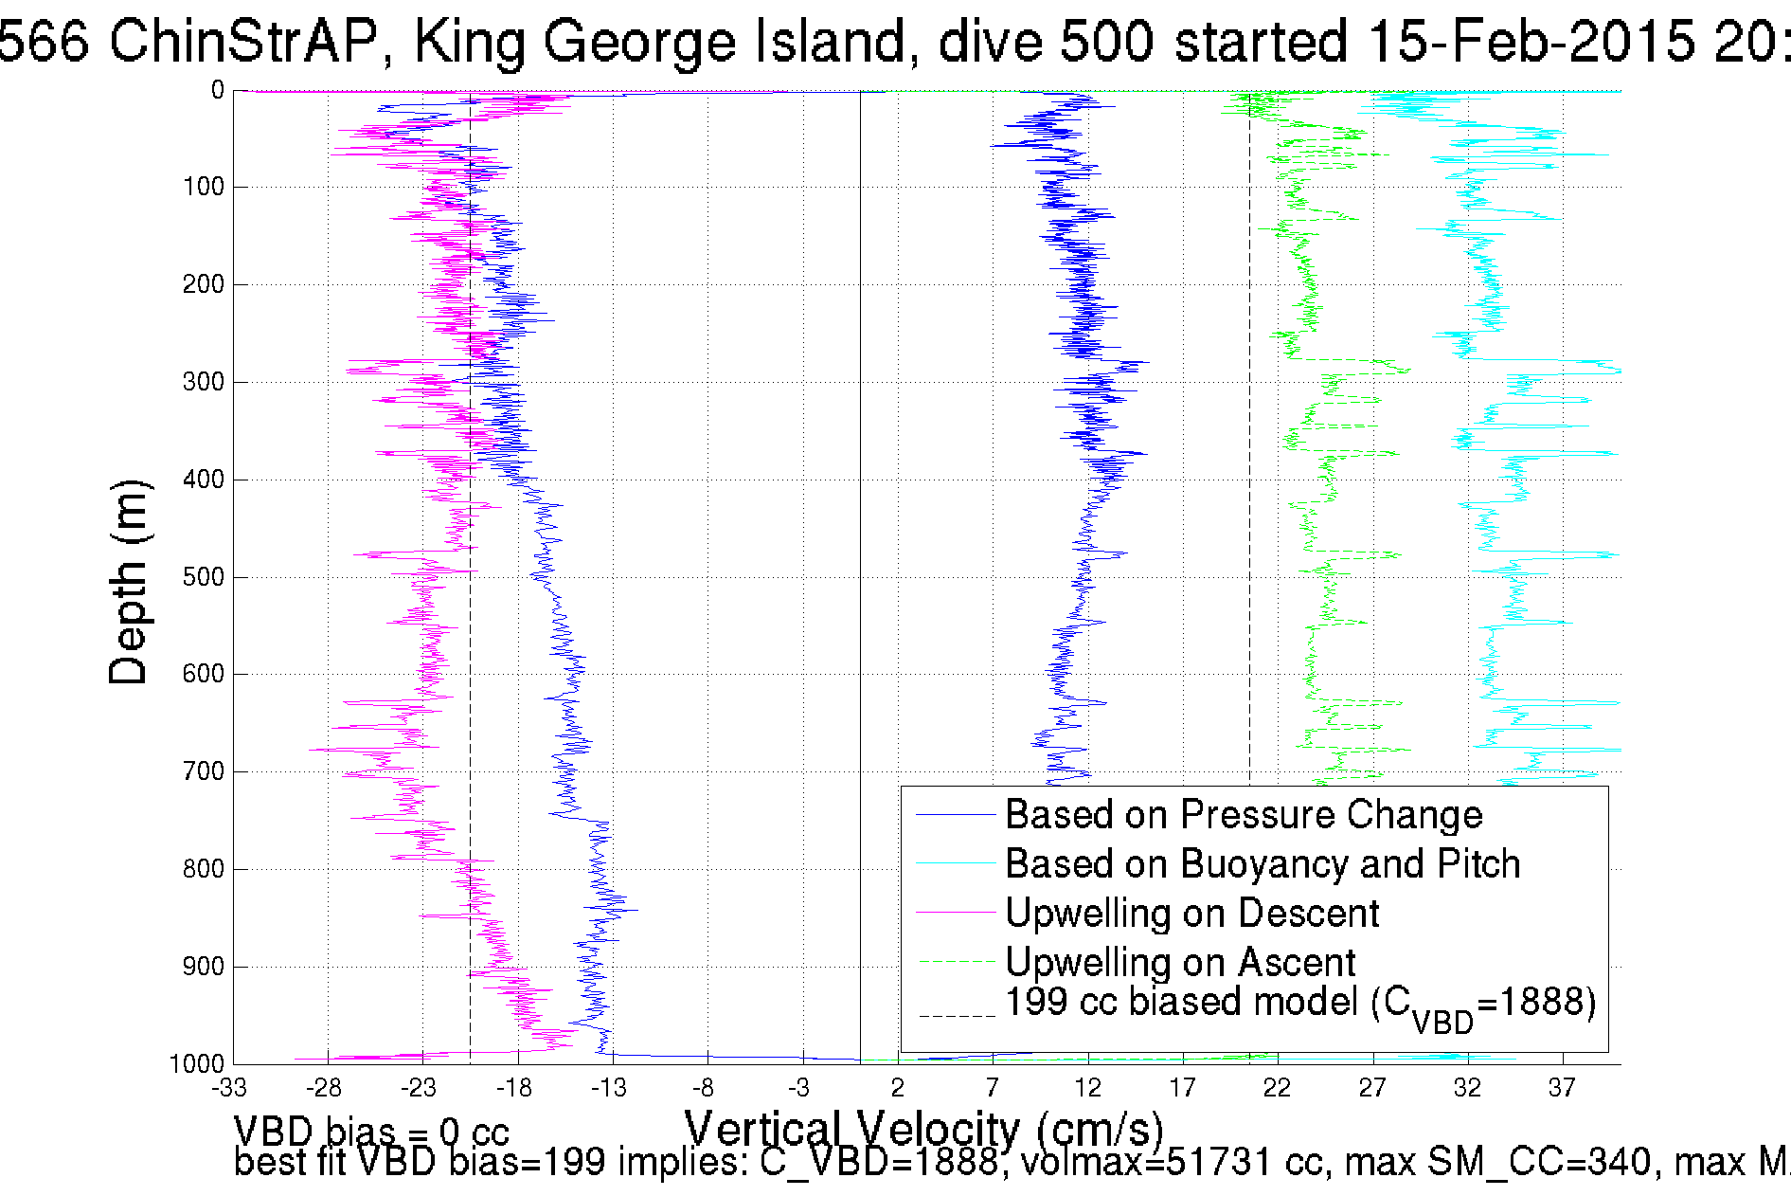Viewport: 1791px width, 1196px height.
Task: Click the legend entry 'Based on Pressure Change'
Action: [x=1243, y=815]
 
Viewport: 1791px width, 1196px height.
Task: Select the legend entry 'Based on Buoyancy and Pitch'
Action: [x=1262, y=864]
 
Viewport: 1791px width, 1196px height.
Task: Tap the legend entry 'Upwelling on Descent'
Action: [x=1191, y=914]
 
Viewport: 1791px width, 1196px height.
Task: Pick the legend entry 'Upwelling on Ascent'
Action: [x=1179, y=963]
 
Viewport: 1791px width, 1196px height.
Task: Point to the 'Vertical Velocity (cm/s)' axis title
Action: [x=923, y=1129]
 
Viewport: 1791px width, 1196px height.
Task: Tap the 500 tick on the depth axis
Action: [x=203, y=577]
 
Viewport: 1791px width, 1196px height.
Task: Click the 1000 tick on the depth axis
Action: [x=197, y=1064]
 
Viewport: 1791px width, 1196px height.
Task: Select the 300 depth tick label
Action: [x=203, y=382]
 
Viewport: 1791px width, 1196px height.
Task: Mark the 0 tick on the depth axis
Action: [x=217, y=90]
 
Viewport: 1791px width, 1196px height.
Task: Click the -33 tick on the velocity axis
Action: [x=229, y=1088]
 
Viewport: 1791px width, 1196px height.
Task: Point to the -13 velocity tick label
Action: [x=609, y=1088]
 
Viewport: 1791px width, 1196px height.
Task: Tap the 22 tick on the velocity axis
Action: [x=1277, y=1088]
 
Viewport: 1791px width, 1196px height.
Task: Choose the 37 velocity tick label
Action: [x=1562, y=1088]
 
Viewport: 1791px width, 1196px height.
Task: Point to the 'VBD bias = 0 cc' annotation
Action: [x=371, y=1132]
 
